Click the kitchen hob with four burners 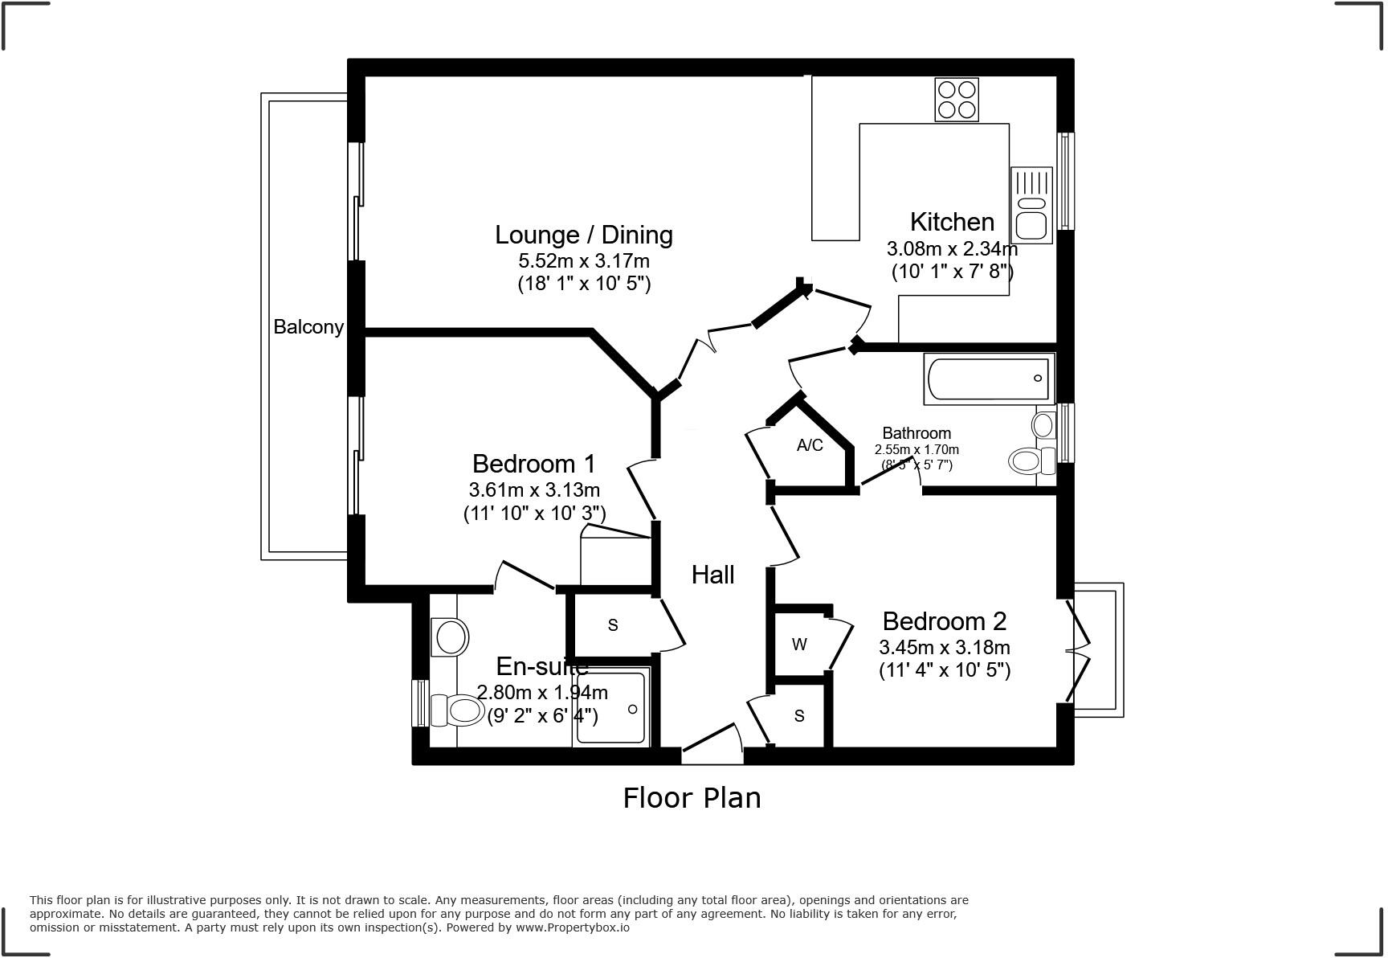(x=956, y=100)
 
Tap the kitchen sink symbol (x=1031, y=205)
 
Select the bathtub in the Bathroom (x=989, y=379)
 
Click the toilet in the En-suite (x=457, y=710)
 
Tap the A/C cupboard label (x=810, y=445)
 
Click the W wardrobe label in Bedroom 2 (x=798, y=645)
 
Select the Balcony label (x=308, y=327)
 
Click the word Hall (x=712, y=575)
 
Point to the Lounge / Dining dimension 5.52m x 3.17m (x=584, y=261)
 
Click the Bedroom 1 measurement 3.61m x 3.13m (x=534, y=489)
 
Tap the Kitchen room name (x=952, y=222)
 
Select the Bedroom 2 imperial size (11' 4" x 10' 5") (x=945, y=669)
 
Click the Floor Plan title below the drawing (x=692, y=798)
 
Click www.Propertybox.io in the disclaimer (x=572, y=927)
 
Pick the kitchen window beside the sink (x=1066, y=181)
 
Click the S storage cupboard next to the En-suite (x=613, y=625)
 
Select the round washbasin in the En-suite (x=452, y=637)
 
